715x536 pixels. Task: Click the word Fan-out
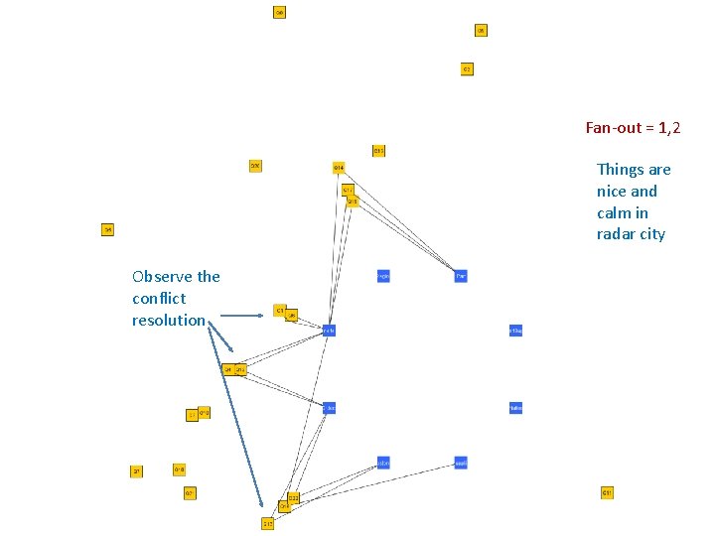point(613,128)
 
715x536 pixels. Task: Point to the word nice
point(612,192)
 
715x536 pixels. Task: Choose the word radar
point(616,235)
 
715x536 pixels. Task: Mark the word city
point(652,235)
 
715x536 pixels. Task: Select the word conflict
point(159,299)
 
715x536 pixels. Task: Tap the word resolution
point(168,321)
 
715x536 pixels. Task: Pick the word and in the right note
point(643,192)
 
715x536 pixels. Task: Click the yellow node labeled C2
point(467,69)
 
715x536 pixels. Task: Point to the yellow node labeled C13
point(378,151)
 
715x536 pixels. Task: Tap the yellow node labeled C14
point(339,167)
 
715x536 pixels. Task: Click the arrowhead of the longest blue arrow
point(262,507)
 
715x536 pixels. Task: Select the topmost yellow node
point(280,13)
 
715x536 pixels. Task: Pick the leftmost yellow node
point(108,230)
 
